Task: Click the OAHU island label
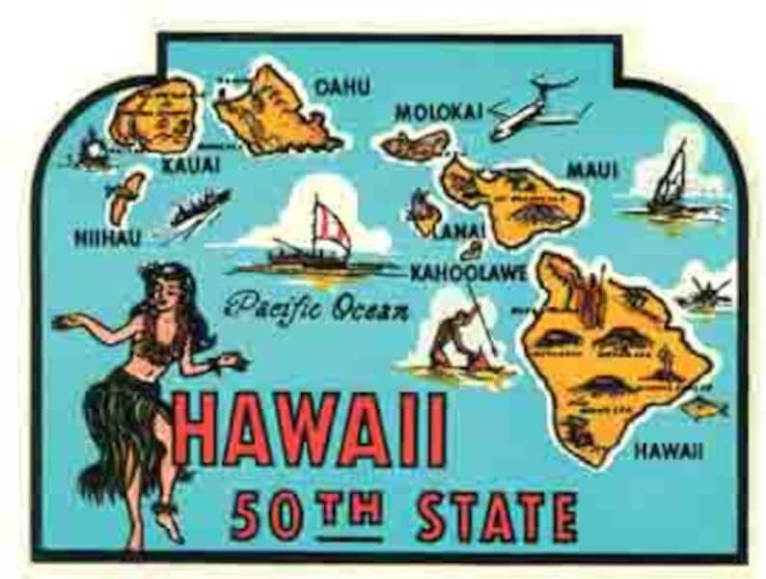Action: [342, 87]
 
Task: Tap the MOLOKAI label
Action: [438, 112]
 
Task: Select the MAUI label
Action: [591, 170]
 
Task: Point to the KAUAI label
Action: [190, 166]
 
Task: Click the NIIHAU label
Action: [107, 237]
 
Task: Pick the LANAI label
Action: [459, 232]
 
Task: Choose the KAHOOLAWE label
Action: [468, 273]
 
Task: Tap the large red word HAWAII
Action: [313, 428]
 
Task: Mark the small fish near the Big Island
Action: [703, 408]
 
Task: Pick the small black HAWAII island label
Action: [669, 451]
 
